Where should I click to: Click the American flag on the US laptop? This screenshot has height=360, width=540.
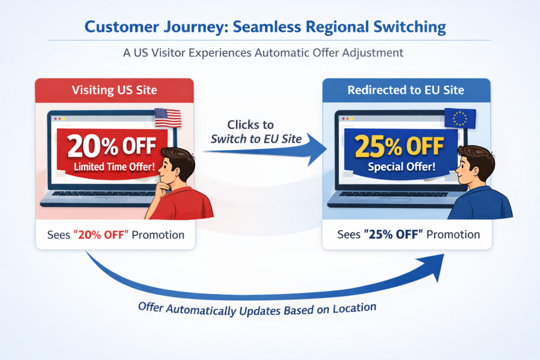click(168, 118)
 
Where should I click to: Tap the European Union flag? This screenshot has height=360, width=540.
click(460, 118)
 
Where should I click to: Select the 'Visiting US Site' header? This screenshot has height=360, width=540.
click(114, 90)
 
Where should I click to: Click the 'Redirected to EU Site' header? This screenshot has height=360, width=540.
click(406, 90)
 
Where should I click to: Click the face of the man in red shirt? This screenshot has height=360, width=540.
click(174, 170)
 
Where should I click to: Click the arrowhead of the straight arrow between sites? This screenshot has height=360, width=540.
click(316, 149)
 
